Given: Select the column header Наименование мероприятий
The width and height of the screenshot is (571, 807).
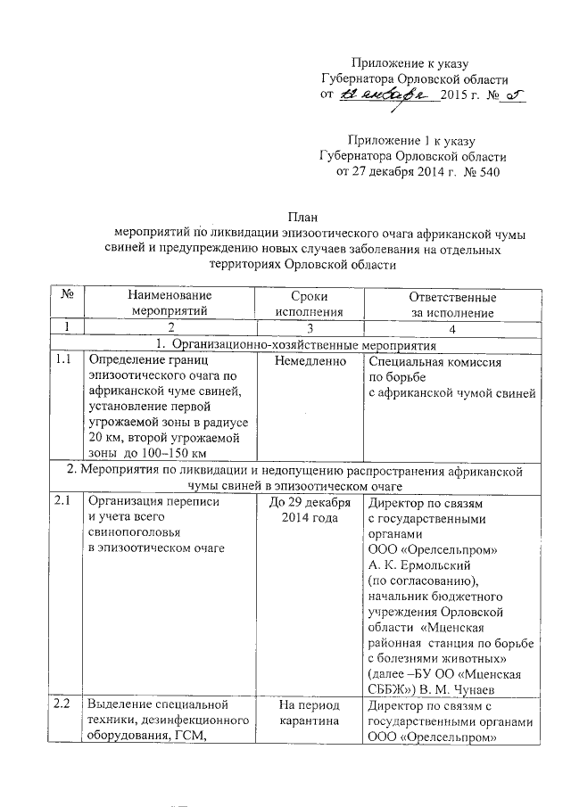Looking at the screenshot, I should (169, 304).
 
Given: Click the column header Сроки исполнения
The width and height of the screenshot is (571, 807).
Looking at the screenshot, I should (309, 304).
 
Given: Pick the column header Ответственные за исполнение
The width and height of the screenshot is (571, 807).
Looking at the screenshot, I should (451, 304).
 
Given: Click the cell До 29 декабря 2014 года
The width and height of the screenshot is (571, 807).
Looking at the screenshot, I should (309, 509).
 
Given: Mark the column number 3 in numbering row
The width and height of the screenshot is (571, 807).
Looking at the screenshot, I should (309, 328).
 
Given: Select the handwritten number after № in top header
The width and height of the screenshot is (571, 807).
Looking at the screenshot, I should (511, 95).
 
